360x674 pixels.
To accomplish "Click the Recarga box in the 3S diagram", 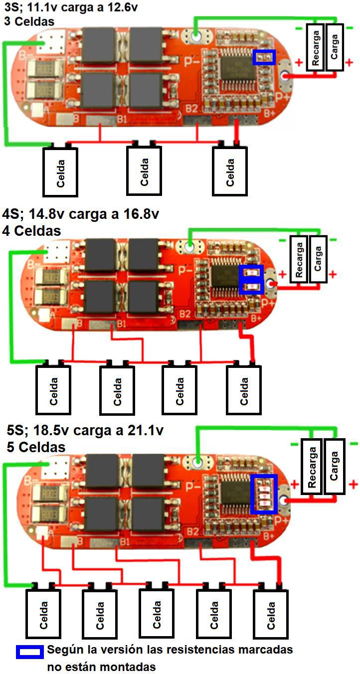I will [316, 47].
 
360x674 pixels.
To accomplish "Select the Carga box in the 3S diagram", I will [335, 47].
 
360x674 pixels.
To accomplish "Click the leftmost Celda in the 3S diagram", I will [60, 171].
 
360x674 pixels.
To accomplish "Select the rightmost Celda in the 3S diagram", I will [230, 171].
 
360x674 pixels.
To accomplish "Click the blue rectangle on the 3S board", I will [264, 57].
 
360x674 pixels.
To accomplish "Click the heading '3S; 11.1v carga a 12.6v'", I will [70, 8].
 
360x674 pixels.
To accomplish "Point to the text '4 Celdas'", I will [32, 231].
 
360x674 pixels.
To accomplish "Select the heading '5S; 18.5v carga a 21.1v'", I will [85, 431].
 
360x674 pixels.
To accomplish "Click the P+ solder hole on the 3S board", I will [286, 76].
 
